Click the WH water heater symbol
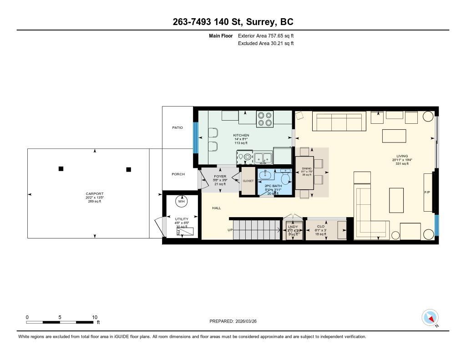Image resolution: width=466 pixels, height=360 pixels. [x=182, y=201]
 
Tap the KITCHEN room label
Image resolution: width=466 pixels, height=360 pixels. [x=241, y=135]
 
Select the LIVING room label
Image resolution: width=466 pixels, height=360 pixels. [x=402, y=156]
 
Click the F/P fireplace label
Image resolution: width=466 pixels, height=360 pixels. [x=427, y=193]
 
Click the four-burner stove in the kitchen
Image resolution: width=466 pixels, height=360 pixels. [x=265, y=119]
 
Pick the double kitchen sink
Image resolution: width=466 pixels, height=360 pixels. [x=263, y=158]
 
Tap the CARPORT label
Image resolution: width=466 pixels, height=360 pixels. [x=95, y=194]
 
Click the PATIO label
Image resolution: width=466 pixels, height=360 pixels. [x=177, y=127]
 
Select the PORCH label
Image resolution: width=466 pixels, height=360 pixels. [x=178, y=174]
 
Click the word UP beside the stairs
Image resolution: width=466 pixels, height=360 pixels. [x=230, y=230]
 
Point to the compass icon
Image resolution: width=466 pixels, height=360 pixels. [x=430, y=317]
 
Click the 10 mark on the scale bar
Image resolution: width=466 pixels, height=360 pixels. [x=94, y=317]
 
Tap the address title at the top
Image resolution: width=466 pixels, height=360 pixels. [x=233, y=22]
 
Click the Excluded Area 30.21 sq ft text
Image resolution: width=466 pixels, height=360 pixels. [x=266, y=43]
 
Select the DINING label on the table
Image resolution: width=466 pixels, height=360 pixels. [x=307, y=168]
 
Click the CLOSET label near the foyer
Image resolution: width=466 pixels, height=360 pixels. [x=248, y=181]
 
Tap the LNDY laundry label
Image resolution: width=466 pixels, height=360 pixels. [x=293, y=226]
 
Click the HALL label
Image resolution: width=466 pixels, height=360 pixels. [x=216, y=208]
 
